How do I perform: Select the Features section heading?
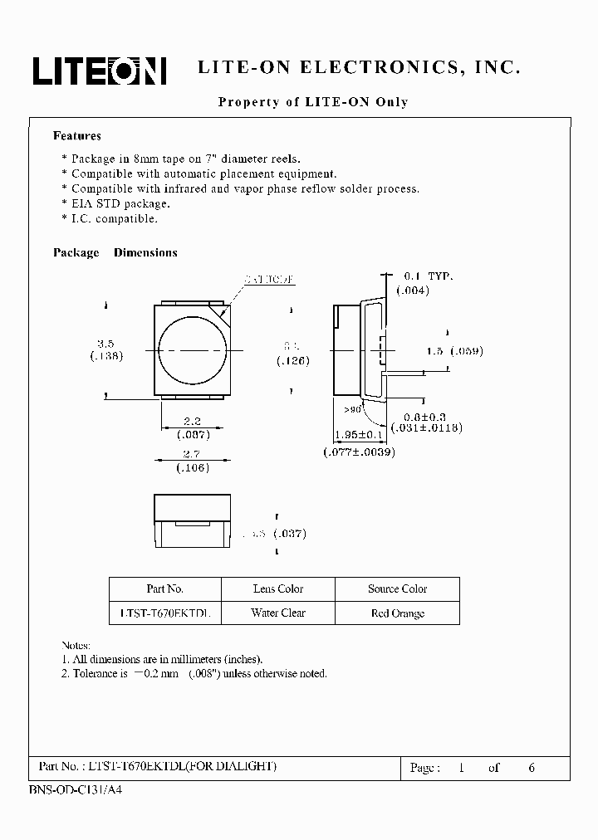[77, 135]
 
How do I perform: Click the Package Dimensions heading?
[115, 252]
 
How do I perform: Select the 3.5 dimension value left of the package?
[105, 343]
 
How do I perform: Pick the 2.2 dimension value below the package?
[193, 422]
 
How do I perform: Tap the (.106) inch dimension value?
[193, 467]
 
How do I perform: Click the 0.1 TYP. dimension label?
[428, 276]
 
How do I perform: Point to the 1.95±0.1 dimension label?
[358, 435]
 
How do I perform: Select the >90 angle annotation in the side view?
[352, 409]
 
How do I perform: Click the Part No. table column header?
[164, 588]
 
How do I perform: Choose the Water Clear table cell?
[278, 613]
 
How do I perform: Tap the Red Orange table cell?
[397, 613]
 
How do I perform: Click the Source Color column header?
[397, 588]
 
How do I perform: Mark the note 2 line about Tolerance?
[194, 673]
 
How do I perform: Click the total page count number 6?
[532, 768]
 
